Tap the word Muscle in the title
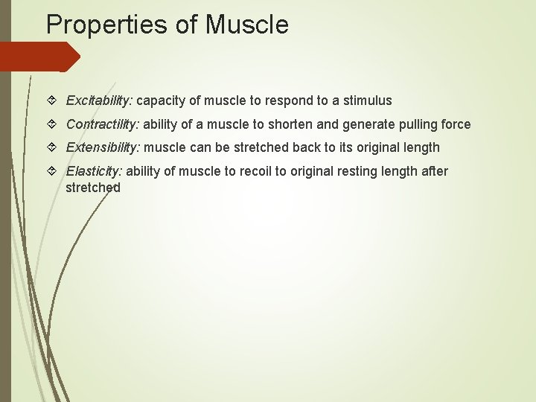(246, 25)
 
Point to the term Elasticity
(95, 172)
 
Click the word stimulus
(366, 100)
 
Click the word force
(455, 124)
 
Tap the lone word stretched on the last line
(93, 188)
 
